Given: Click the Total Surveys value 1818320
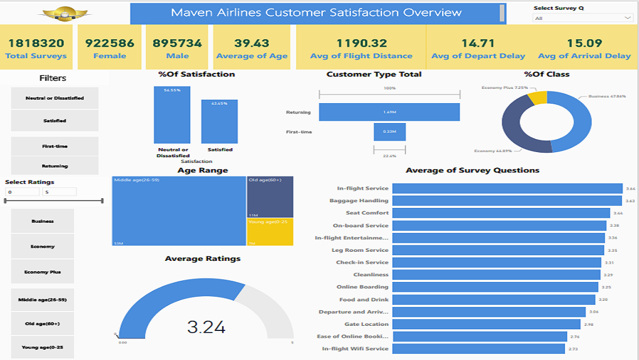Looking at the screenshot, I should tap(36, 43).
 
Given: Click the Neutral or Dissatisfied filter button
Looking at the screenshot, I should tap(55, 98).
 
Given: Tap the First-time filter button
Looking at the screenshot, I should tap(55, 146).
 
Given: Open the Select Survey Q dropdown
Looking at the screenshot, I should tap(583, 18).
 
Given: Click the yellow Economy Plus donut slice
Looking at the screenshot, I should tap(538, 97).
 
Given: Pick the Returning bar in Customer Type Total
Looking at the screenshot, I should tap(389, 112).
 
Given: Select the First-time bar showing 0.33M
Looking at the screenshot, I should tap(390, 132).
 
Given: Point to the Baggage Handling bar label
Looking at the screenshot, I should tap(359, 201).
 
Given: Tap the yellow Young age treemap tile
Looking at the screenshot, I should tap(270, 232).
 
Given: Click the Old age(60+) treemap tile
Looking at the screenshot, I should tap(270, 197).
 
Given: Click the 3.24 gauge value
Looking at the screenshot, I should tap(206, 327).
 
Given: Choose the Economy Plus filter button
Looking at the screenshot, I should tap(43, 272).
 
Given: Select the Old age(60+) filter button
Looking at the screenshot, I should tap(43, 324).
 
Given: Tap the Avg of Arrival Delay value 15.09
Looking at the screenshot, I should tap(584, 43).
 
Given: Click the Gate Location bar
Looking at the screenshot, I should tap(486, 324).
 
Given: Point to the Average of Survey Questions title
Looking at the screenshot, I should tap(472, 170).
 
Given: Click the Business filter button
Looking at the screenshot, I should tap(43, 221).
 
